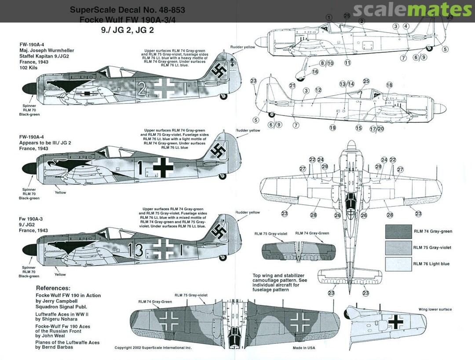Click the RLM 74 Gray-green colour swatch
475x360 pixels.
pos(398,231)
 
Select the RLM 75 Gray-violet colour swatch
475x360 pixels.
pos(398,247)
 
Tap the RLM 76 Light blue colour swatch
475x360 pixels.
pos(398,264)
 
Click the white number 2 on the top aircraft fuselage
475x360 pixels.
pos(142,89)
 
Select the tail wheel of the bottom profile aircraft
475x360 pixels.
pos(223,258)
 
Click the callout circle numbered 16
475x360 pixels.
pos(315,72)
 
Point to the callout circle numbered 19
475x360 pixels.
pos(332,128)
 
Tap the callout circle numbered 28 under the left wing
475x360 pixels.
pos(313,215)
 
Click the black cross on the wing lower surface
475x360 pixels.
pos(395,322)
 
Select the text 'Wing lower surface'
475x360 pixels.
pos(435,309)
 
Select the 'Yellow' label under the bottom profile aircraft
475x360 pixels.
pos(60,275)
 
